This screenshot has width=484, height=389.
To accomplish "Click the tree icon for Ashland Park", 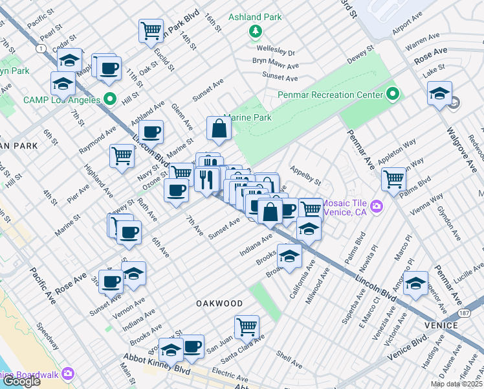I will tap(256, 30).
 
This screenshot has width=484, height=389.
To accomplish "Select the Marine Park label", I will tap(247, 118).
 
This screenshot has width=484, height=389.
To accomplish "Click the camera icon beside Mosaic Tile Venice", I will tap(377, 207).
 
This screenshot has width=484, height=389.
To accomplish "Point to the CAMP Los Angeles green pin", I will tap(109, 100).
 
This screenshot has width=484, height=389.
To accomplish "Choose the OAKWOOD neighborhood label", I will tap(220, 303).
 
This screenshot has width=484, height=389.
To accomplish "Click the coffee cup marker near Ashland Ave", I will tap(151, 132).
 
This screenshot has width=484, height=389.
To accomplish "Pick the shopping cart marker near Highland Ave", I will tap(122, 156).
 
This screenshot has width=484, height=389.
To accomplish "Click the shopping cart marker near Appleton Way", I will tap(393, 178).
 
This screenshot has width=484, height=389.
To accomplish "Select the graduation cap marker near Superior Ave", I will tap(416, 283).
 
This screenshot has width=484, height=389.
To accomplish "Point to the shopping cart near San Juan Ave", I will tap(247, 327).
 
